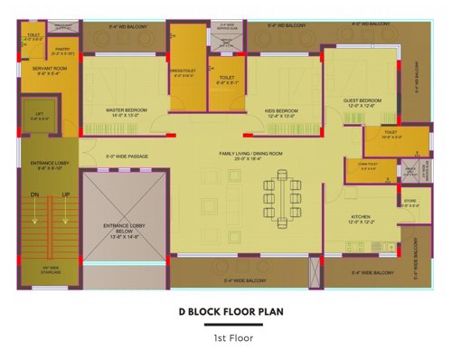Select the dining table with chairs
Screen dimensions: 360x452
283,197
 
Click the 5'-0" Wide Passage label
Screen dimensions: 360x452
126,156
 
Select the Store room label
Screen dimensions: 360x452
410,203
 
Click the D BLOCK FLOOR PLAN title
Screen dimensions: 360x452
225,313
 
